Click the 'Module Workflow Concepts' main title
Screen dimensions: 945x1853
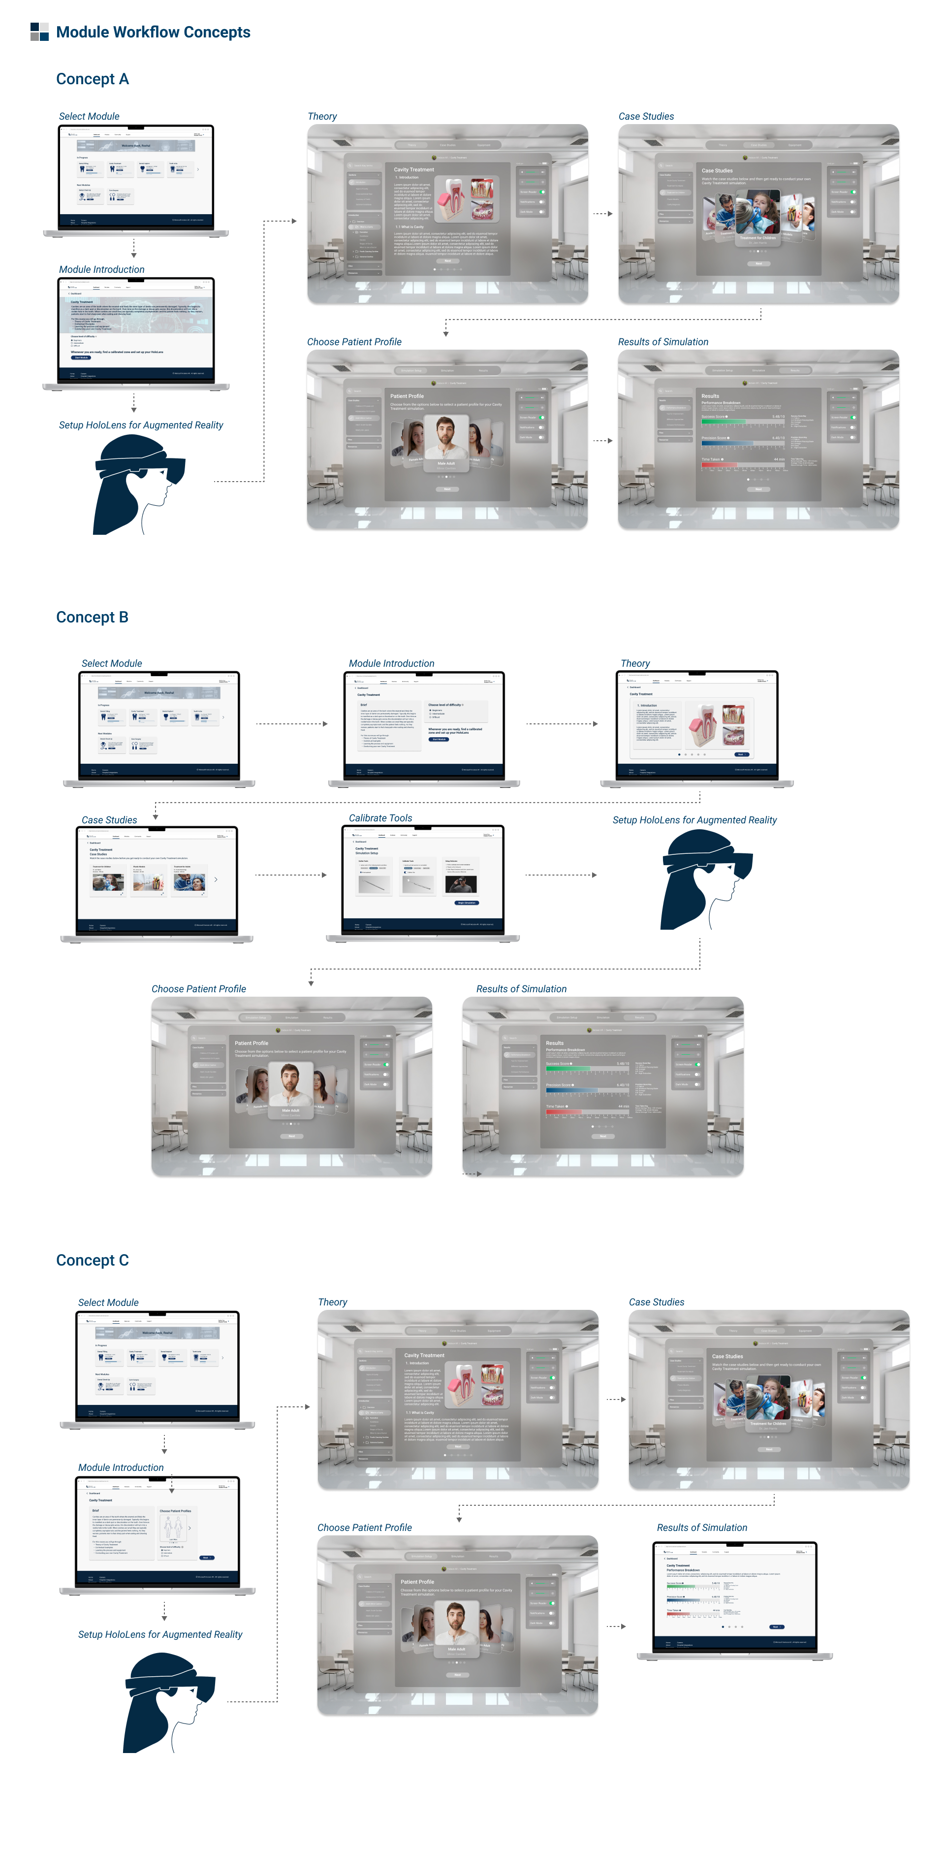pyautogui.click(x=153, y=33)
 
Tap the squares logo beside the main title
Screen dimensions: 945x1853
pyautogui.click(x=39, y=32)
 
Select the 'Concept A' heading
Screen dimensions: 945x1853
pyautogui.click(x=93, y=79)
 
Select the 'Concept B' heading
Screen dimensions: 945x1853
pyautogui.click(x=92, y=617)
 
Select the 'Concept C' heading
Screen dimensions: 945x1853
pyautogui.click(x=92, y=1260)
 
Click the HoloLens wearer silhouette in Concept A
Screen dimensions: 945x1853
pyautogui.click(x=137, y=486)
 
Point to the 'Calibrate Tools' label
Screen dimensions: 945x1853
pyautogui.click(x=380, y=818)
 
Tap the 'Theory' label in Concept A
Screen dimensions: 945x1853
pyautogui.click(x=322, y=117)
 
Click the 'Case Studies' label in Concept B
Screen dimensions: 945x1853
pyautogui.click(x=109, y=820)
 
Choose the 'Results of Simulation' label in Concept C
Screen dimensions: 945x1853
pyautogui.click(x=702, y=1528)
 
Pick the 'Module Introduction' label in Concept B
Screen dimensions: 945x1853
pyautogui.click(x=391, y=663)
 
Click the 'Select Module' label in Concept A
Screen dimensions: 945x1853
pyautogui.click(x=89, y=117)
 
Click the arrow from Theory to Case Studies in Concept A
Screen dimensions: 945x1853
pyautogui.click(x=602, y=214)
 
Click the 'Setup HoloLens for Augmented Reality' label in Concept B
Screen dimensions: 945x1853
pyautogui.click(x=695, y=820)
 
